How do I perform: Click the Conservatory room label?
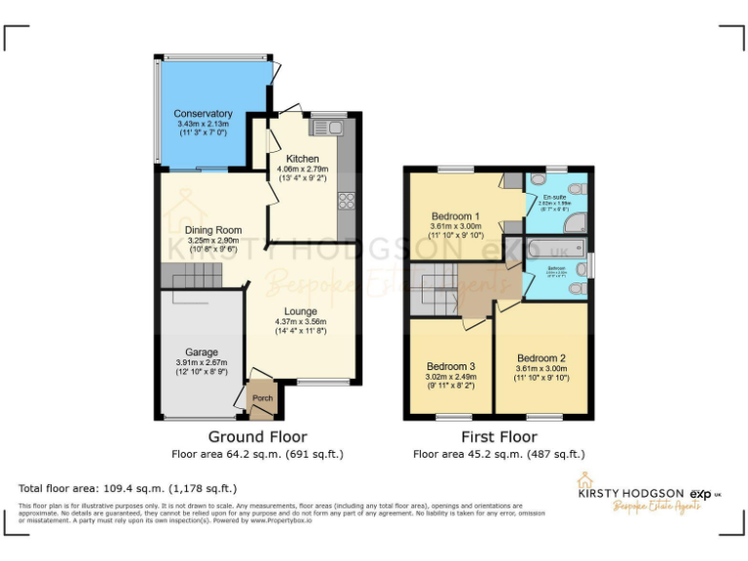203,114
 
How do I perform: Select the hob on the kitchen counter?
346,201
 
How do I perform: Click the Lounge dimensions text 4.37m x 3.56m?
299,322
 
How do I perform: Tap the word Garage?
202,353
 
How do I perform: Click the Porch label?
262,398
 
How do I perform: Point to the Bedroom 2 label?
542,357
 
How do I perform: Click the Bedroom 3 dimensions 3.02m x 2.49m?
450,377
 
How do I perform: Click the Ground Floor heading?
257,437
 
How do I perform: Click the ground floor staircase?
194,280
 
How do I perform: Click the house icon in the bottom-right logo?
585,480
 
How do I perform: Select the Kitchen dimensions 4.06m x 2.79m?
303,168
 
